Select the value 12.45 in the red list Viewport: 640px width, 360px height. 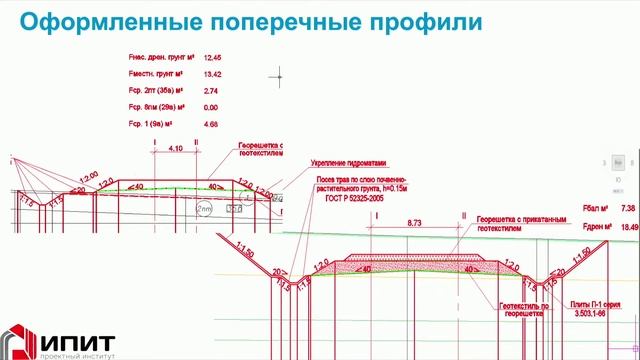(x=213, y=59)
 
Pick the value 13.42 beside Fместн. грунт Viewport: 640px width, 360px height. (x=213, y=74)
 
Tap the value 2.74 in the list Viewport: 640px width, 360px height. (x=211, y=91)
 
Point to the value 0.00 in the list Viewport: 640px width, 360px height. (x=211, y=107)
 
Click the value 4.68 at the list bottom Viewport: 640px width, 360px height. (x=211, y=124)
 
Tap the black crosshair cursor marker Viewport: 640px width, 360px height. (x=277, y=75)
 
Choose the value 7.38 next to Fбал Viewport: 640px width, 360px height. (x=628, y=208)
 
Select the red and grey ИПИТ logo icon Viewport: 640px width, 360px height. (x=21, y=338)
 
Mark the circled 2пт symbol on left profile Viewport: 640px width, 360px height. (x=204, y=208)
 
